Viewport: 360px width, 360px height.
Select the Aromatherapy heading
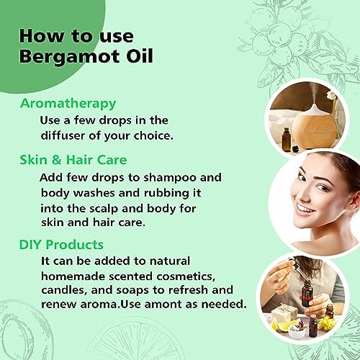click(x=68, y=104)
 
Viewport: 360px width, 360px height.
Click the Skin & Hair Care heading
click(x=73, y=160)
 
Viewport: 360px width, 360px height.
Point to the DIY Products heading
click(x=61, y=245)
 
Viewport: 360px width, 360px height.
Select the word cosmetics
click(x=186, y=276)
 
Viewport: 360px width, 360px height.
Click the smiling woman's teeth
click(x=305, y=210)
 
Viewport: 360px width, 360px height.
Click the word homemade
click(x=73, y=276)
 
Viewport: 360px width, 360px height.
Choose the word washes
click(x=94, y=193)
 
